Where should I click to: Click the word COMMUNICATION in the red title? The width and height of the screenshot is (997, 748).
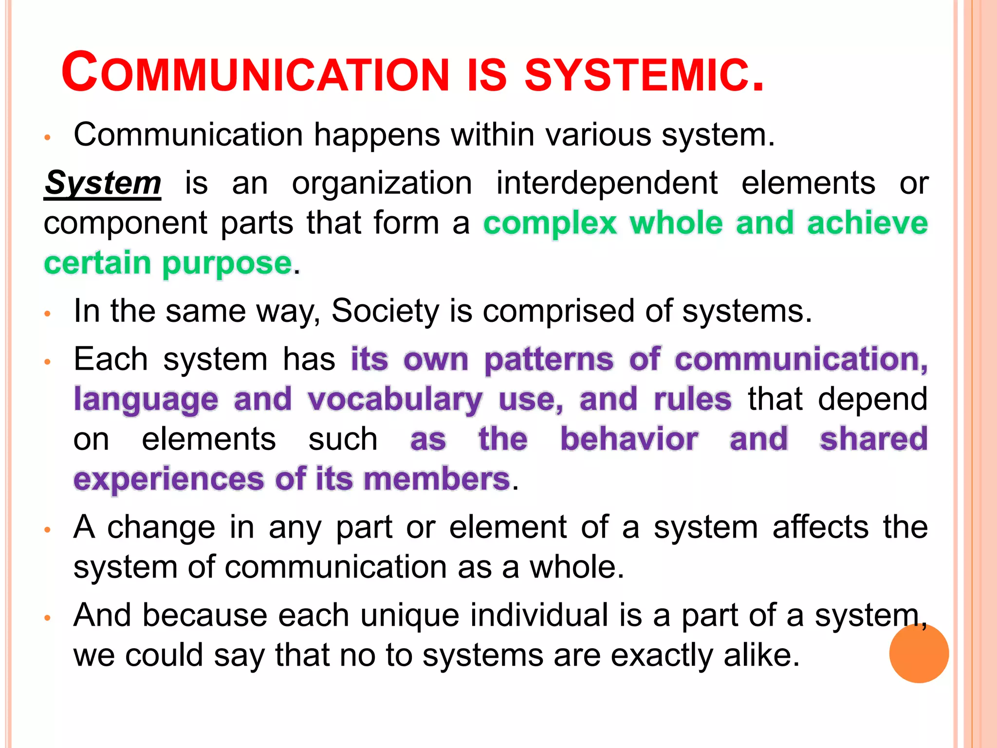pos(255,73)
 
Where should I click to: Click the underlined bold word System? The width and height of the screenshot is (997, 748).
pos(103,184)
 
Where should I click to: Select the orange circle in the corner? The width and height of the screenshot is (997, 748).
pos(919,654)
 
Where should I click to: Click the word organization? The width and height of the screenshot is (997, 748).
pos(382,184)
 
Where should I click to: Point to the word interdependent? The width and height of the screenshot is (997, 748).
pos(607,184)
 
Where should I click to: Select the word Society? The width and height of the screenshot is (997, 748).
pos(386,311)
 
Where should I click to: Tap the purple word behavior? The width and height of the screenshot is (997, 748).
pos(629,439)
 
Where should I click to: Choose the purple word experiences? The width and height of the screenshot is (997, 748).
pos(168,480)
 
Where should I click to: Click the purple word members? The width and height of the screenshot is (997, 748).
pos(437,479)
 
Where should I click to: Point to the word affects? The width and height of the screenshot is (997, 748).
pos(820,527)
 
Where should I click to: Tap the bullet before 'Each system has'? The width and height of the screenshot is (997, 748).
pos(47,362)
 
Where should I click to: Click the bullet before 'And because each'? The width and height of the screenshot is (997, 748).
pos(47,618)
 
